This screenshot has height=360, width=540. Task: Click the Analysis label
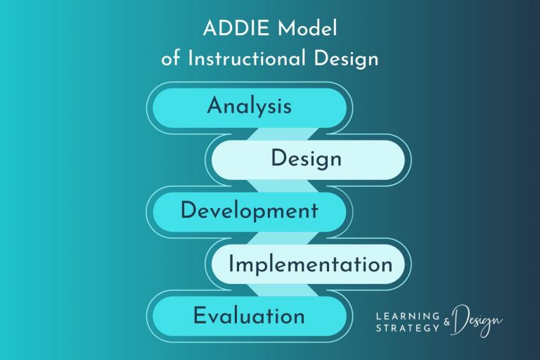tap(249, 107)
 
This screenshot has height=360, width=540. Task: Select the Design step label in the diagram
tap(306, 159)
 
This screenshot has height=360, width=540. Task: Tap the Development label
tap(249, 211)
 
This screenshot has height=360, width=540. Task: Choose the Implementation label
tap(310, 264)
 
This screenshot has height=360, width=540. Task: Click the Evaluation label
tap(249, 316)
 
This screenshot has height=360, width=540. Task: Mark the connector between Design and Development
tap(277, 186)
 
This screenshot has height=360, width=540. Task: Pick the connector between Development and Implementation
tap(277, 238)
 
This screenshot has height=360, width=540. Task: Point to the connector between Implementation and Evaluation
tap(277, 290)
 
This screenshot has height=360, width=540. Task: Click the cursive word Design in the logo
tap(478, 321)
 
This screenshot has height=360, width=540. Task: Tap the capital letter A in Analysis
tap(214, 107)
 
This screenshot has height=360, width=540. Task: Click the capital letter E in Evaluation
tap(200, 316)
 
